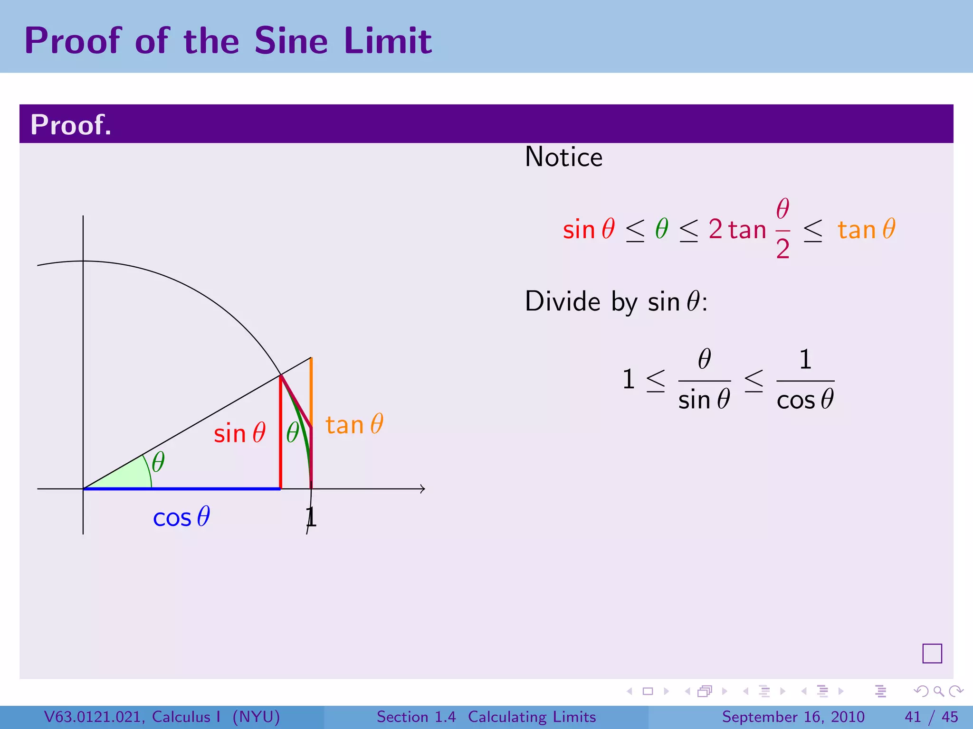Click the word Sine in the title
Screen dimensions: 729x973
(x=291, y=41)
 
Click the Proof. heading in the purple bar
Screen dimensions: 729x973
(x=71, y=125)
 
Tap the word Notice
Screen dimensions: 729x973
(x=563, y=157)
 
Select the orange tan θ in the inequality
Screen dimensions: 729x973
(x=866, y=229)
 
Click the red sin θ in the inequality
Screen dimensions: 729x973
(x=589, y=229)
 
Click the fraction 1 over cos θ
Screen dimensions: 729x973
(x=805, y=380)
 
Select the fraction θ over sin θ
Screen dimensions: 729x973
(x=704, y=380)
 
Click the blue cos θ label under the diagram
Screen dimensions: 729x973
(x=181, y=517)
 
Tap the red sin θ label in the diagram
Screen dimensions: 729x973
(x=239, y=433)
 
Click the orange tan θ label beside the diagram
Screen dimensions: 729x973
(x=354, y=424)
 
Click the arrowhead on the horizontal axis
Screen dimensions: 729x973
(x=422, y=489)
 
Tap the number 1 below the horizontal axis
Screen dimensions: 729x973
(x=311, y=517)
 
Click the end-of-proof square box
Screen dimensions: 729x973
(x=932, y=654)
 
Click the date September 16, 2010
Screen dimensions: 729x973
(x=793, y=717)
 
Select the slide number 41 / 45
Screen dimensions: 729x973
(x=931, y=717)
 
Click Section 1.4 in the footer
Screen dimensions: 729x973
(x=416, y=717)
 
